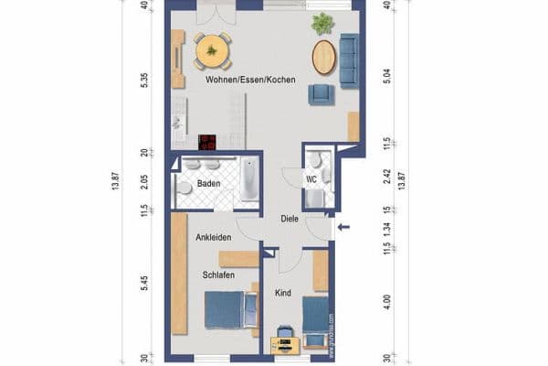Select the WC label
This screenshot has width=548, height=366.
coord(311,178)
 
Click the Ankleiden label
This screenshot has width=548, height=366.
coord(213,237)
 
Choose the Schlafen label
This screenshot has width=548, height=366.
coord(218,274)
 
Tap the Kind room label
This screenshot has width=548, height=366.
coord(282,293)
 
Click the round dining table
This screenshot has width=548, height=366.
coord(213,50)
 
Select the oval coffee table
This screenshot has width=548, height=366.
coord(323,57)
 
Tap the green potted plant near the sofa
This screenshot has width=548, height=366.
coord(321,24)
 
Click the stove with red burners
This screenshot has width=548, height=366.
coord(208,142)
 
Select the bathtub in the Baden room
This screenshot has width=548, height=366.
coord(248,180)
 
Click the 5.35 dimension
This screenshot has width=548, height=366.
coord(143,81)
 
